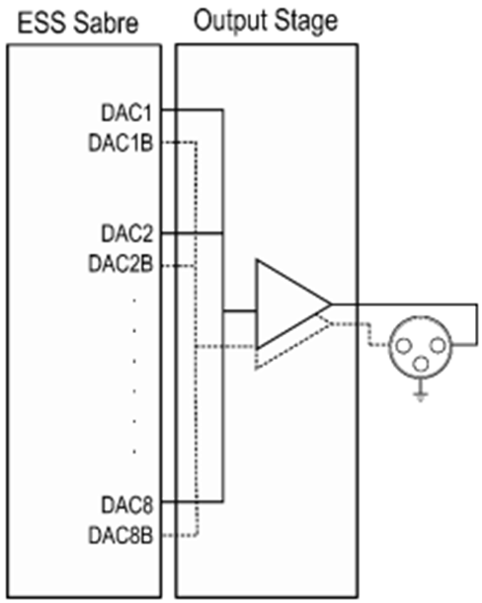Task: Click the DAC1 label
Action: coord(126,113)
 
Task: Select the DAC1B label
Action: coord(120,142)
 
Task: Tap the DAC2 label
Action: coord(126,234)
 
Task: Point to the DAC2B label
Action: coord(120,264)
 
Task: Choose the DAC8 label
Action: coord(126,505)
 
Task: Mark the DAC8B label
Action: coord(120,536)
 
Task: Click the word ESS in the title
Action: coord(42,23)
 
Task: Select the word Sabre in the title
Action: coord(106,23)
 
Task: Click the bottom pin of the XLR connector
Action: coord(422,364)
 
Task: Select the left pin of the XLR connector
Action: coord(403,346)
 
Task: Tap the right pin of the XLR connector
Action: coord(439,345)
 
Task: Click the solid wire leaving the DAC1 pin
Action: coord(192,111)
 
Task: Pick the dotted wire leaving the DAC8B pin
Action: coord(181,535)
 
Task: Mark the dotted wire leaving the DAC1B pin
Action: coord(179,142)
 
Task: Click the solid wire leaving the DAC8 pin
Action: coord(193,501)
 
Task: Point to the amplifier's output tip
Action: coord(331,304)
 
